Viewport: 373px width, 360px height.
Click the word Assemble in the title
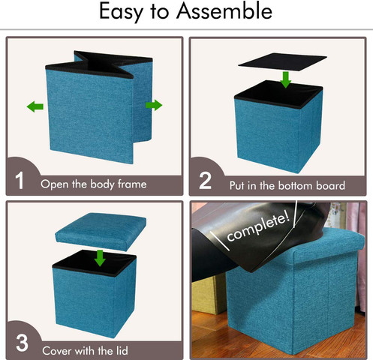224,11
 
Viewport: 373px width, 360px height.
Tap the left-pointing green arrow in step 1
35,106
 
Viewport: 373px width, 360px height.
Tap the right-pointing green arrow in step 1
154,105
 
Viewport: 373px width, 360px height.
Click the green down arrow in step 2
285,79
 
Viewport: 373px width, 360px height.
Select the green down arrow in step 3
100,258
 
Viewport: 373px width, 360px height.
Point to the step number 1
20,181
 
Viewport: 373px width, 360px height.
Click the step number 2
205,181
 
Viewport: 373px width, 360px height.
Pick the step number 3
22,343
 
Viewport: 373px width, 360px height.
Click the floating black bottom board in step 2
283,61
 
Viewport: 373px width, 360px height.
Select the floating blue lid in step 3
101,231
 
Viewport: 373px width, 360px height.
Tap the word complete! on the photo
258,227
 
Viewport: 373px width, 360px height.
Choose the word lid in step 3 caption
122,350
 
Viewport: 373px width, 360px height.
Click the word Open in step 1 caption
55,184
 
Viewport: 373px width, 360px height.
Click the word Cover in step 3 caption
57,351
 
